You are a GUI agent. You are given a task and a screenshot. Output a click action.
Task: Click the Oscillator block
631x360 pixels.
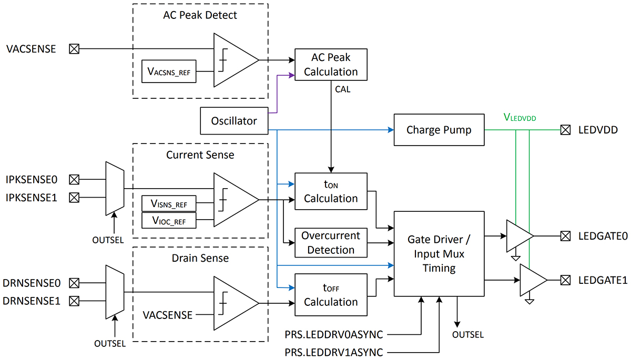[234, 121]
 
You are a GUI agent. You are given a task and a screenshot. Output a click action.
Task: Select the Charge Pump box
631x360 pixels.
[439, 130]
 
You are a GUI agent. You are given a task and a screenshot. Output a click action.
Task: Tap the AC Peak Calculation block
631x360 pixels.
[330, 65]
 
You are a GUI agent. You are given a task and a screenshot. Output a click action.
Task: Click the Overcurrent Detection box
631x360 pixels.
[330, 243]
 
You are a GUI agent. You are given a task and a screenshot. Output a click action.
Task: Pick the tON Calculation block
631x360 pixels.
[330, 192]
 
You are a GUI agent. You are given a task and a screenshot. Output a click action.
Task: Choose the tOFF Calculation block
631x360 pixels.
[330, 295]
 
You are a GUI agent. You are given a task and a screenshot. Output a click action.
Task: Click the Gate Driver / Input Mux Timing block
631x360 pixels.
[439, 254]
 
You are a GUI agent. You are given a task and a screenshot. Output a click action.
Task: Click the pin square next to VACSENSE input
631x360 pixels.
[75, 49]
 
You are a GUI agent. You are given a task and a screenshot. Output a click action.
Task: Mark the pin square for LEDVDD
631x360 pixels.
[565, 130]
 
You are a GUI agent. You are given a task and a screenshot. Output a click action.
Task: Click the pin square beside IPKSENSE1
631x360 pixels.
[75, 198]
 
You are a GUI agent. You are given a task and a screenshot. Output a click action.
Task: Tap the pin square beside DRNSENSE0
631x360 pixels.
[75, 283]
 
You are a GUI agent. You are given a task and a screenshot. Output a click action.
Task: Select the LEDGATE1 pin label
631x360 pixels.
[603, 280]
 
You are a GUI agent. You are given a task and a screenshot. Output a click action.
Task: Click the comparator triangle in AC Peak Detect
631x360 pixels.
[235, 60]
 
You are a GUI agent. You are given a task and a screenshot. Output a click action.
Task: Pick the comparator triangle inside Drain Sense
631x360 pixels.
[235, 303]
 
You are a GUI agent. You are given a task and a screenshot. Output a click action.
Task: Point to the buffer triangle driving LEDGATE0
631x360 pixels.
[518, 236]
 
